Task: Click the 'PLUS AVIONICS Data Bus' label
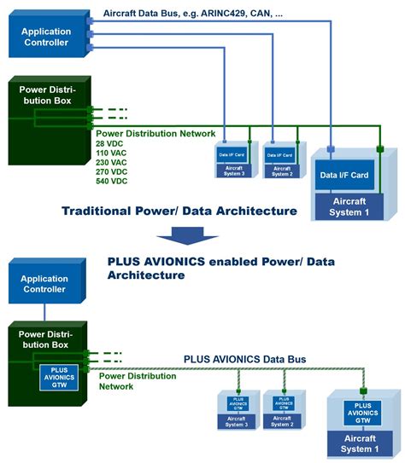coord(244,359)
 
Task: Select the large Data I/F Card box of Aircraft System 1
coord(343,176)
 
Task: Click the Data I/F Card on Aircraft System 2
coord(279,155)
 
